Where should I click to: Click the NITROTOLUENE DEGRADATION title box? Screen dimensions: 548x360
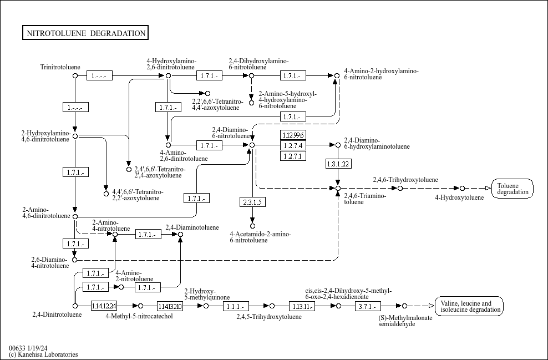tap(85, 33)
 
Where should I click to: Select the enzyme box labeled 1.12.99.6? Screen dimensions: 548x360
tap(293, 135)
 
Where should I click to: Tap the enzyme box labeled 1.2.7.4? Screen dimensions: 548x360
tap(293, 145)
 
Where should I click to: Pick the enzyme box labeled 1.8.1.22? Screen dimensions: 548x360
tap(338, 164)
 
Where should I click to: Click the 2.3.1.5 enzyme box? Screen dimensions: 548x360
tap(252, 202)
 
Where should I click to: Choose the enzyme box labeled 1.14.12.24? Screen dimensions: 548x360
tap(104, 306)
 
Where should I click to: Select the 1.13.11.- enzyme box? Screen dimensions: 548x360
tap(302, 306)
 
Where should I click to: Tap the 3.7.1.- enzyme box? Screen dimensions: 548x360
tap(368, 306)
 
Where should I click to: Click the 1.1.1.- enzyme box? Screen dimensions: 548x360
tap(236, 306)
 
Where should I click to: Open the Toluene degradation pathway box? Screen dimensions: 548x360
tap(513, 189)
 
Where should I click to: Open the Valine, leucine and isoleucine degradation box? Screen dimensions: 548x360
tap(469, 306)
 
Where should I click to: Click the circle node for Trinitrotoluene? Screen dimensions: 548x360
tap(75, 75)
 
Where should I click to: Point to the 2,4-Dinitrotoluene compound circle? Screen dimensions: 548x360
tap(75, 306)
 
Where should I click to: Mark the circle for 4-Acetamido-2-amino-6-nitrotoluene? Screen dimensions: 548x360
tap(252, 226)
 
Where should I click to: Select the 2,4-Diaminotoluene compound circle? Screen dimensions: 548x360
tap(180, 234)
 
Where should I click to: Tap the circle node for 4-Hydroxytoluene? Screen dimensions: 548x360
tap(462, 189)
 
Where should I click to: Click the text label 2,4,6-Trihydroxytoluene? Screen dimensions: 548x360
tap(405, 180)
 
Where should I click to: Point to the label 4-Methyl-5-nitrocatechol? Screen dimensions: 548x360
tap(139, 316)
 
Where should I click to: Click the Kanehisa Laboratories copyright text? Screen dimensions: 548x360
tap(43, 354)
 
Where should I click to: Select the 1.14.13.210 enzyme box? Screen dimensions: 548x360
tap(170, 306)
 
